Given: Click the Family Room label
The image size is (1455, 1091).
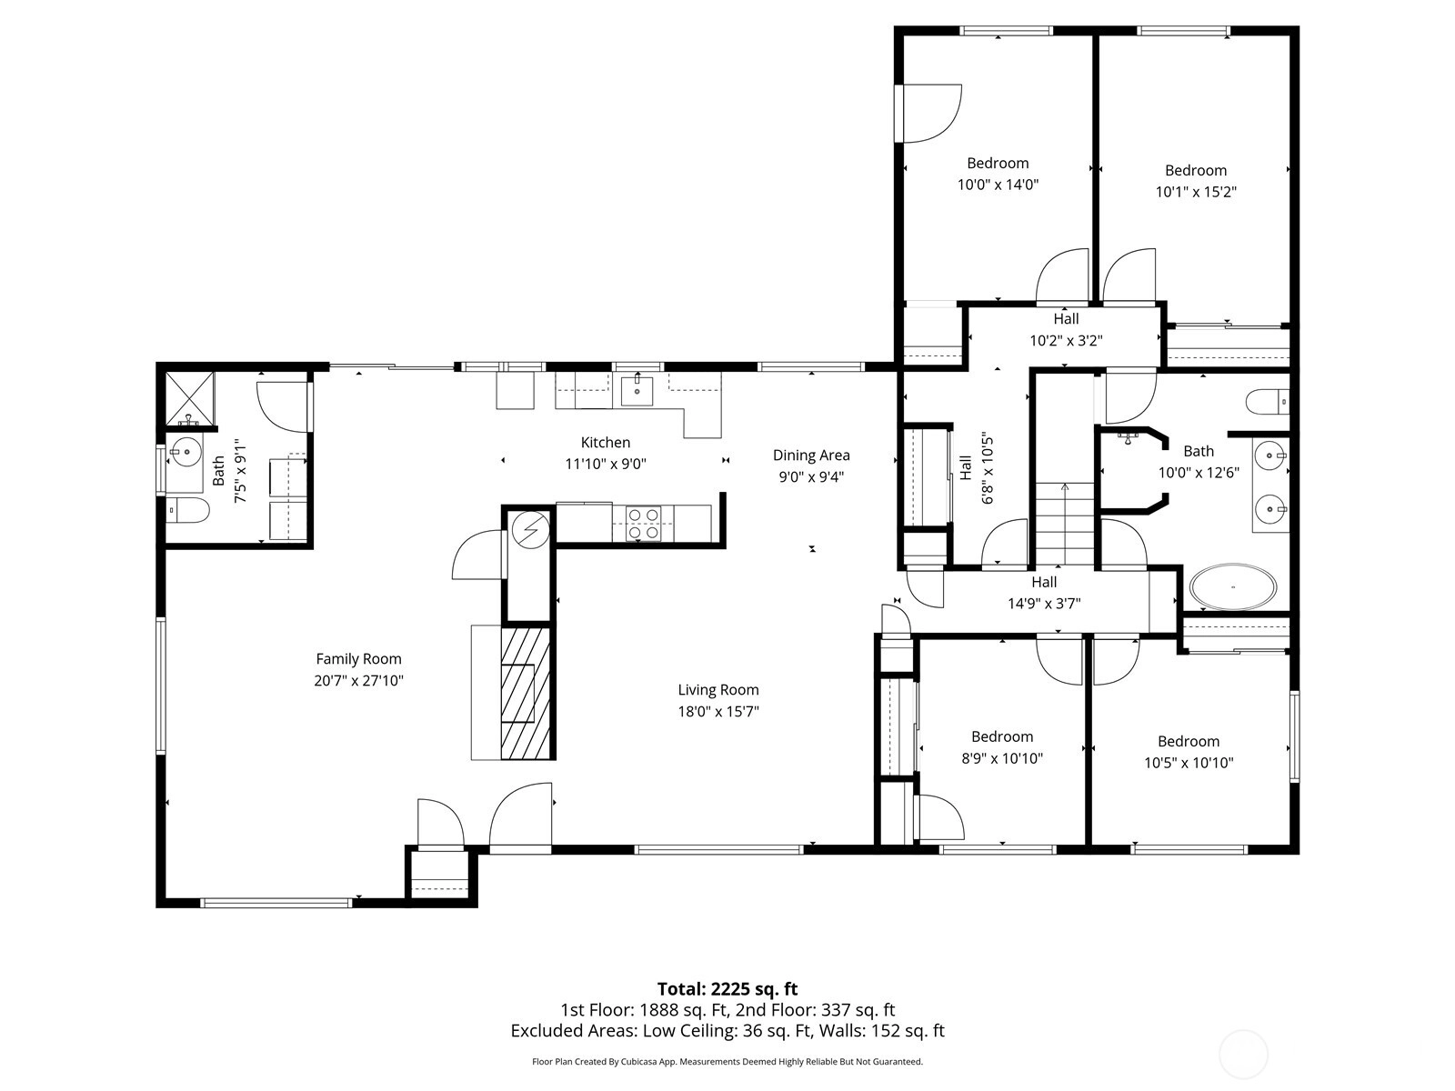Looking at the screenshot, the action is (x=358, y=659).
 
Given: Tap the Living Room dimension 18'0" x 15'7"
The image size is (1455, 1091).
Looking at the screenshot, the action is (x=717, y=712).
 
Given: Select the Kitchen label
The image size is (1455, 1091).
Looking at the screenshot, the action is (x=606, y=443).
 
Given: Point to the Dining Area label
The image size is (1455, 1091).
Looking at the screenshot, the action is (x=811, y=455).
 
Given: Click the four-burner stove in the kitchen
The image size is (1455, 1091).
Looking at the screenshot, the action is (x=643, y=524).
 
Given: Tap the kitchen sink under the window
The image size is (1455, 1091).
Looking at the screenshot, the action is (x=637, y=391).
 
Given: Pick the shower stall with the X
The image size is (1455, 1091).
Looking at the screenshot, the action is (x=189, y=398).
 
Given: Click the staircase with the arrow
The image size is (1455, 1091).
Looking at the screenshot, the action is (x=1065, y=524).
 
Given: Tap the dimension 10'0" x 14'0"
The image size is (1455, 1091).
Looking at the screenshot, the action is (x=998, y=185).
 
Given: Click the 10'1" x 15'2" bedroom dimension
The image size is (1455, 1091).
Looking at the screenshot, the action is (x=1196, y=192).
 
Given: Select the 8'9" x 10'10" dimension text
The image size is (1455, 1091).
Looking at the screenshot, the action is (x=1002, y=758).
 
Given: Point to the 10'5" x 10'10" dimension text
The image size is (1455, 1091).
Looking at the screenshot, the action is (x=1189, y=763).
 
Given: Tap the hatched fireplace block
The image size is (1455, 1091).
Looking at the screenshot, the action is (x=526, y=693).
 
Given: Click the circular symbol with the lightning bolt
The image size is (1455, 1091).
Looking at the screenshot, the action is (x=531, y=530).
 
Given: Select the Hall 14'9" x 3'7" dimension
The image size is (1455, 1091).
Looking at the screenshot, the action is (x=1044, y=604).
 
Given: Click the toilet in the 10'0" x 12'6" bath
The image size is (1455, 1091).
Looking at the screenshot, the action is (x=1268, y=402).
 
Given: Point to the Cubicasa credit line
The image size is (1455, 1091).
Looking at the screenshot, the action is (x=727, y=1061).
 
